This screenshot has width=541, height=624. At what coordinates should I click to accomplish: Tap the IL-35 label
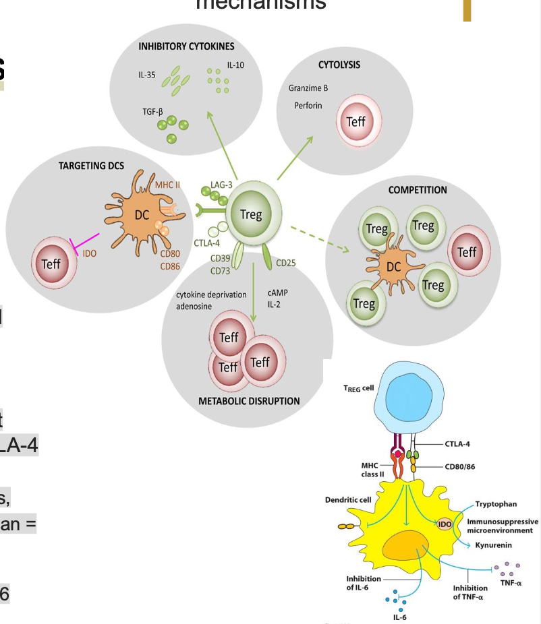(147, 75)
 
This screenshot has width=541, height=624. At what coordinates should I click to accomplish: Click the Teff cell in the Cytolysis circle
(355, 122)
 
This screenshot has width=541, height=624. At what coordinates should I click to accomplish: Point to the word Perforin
(308, 106)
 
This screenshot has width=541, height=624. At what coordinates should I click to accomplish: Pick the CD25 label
(286, 261)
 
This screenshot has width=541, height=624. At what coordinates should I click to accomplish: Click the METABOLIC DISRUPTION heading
(249, 401)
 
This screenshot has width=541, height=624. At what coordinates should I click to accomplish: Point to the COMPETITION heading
(418, 190)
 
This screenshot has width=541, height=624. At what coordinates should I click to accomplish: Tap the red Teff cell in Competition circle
(467, 252)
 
